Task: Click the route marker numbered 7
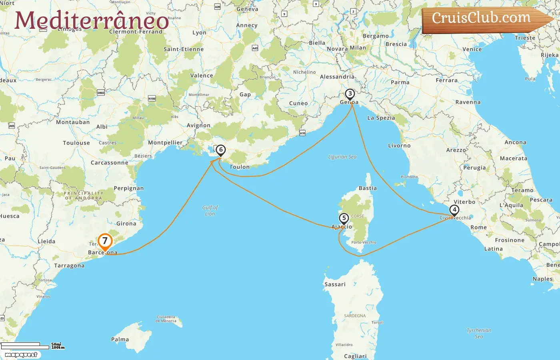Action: click(105, 241)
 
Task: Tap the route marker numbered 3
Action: click(350, 94)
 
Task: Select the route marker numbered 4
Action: click(454, 210)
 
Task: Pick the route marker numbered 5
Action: click(344, 218)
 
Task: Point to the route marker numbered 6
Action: click(220, 150)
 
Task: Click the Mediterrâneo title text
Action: click(92, 21)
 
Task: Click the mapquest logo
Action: click(21, 355)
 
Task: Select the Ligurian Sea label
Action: click(342, 157)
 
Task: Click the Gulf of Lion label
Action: click(210, 210)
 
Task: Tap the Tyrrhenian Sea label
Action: click(479, 333)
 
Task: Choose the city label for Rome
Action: click(478, 227)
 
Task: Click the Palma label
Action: click(120, 339)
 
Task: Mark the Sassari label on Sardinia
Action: click(335, 284)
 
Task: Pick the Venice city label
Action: click(472, 49)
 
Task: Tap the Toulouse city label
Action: click(76, 143)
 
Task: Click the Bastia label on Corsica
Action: click(368, 188)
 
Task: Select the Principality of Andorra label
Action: click(83, 196)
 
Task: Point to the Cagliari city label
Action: click(355, 356)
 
